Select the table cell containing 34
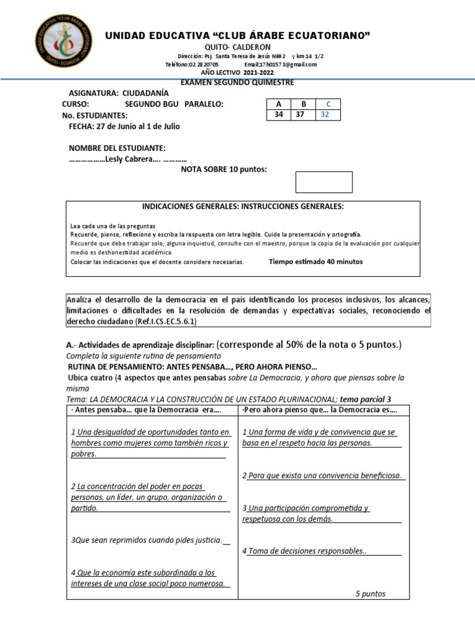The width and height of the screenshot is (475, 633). pos(278,115)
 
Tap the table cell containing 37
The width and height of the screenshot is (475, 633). pos(300,115)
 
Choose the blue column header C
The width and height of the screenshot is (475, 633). pos(328,104)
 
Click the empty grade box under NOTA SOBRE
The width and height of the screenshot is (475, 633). pos(324,182)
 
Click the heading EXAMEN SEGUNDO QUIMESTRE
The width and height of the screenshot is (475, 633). pos(237,82)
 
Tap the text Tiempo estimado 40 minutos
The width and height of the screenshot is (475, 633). pos(315,261)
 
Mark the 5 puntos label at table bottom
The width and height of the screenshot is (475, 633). pos(370,593)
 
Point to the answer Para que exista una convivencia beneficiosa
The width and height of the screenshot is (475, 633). pos(324,475)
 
